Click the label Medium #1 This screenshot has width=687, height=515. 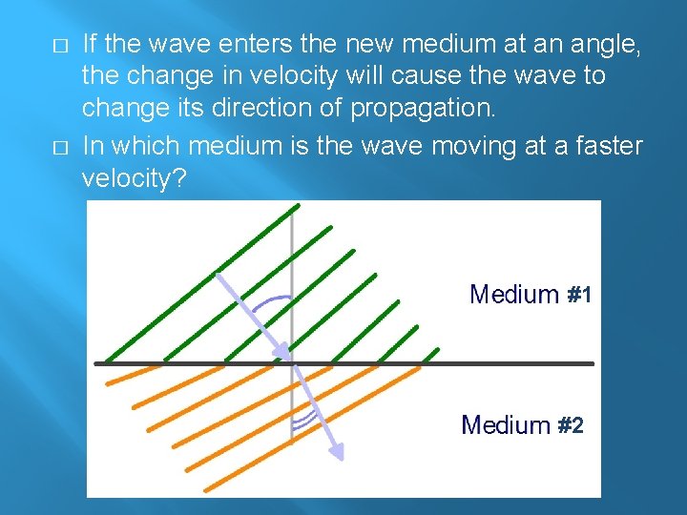(x=531, y=295)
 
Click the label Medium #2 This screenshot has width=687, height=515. (x=522, y=424)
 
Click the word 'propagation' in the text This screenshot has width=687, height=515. (x=423, y=108)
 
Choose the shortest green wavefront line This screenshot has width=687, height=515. (x=400, y=344)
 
